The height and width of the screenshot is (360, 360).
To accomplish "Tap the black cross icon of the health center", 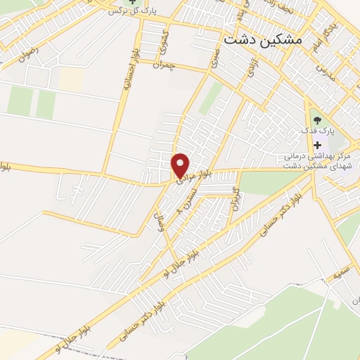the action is pyautogui.click(x=316, y=144).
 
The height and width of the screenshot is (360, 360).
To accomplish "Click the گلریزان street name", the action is pyautogui.click(x=237, y=200).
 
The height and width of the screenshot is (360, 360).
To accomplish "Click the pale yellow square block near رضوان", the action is pyautogui.click(x=70, y=79).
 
